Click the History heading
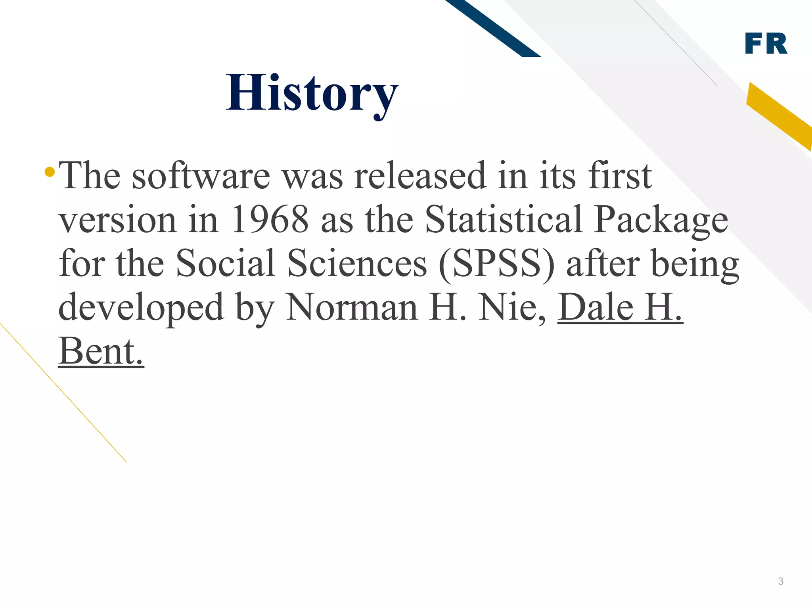(312, 94)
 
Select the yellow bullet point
(50, 172)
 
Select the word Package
(661, 221)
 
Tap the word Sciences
(357, 263)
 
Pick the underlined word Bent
(101, 351)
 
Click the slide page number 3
(781, 581)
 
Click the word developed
(141, 308)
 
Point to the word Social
(225, 263)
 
